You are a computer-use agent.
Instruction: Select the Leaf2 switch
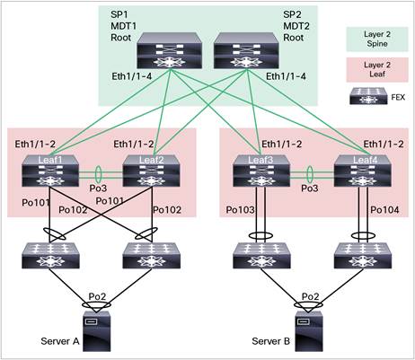(x=137, y=169)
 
